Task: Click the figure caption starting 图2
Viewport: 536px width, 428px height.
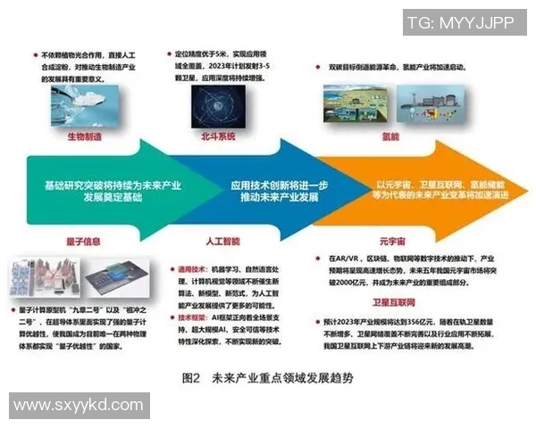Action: (267, 377)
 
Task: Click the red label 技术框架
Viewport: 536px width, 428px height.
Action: (191, 315)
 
